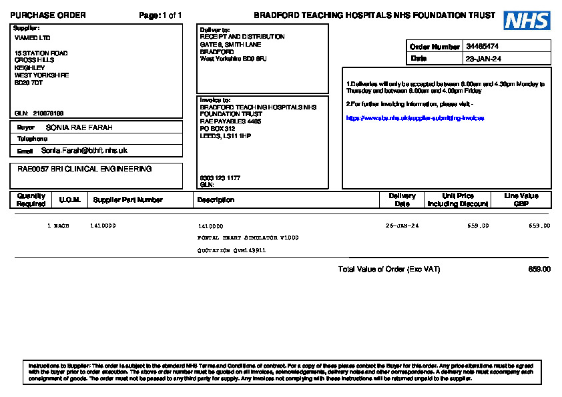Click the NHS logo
pyautogui.click(x=527, y=21)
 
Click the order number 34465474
pyautogui.click(x=483, y=47)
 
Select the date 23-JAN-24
pyautogui.click(x=483, y=59)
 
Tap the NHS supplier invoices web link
pyautogui.click(x=414, y=118)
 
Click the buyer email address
pyautogui.click(x=84, y=151)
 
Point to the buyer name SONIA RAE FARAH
pyautogui.click(x=79, y=127)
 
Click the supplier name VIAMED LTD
pyautogui.click(x=32, y=38)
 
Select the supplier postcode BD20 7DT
pyautogui.click(x=29, y=83)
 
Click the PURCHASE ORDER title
pyautogui.click(x=47, y=15)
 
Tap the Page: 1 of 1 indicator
pyautogui.click(x=160, y=15)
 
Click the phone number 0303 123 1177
pyautogui.click(x=220, y=178)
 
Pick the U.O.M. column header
pyautogui.click(x=70, y=200)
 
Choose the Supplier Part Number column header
pyautogui.click(x=128, y=200)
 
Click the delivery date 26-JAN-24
pyautogui.click(x=402, y=226)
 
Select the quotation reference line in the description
pyautogui.click(x=232, y=250)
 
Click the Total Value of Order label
pyautogui.click(x=389, y=270)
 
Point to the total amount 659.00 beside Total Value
pyautogui.click(x=539, y=270)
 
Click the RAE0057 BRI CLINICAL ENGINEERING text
pyautogui.click(x=84, y=169)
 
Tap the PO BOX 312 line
pyautogui.click(x=218, y=129)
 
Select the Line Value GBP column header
pyautogui.click(x=521, y=200)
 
